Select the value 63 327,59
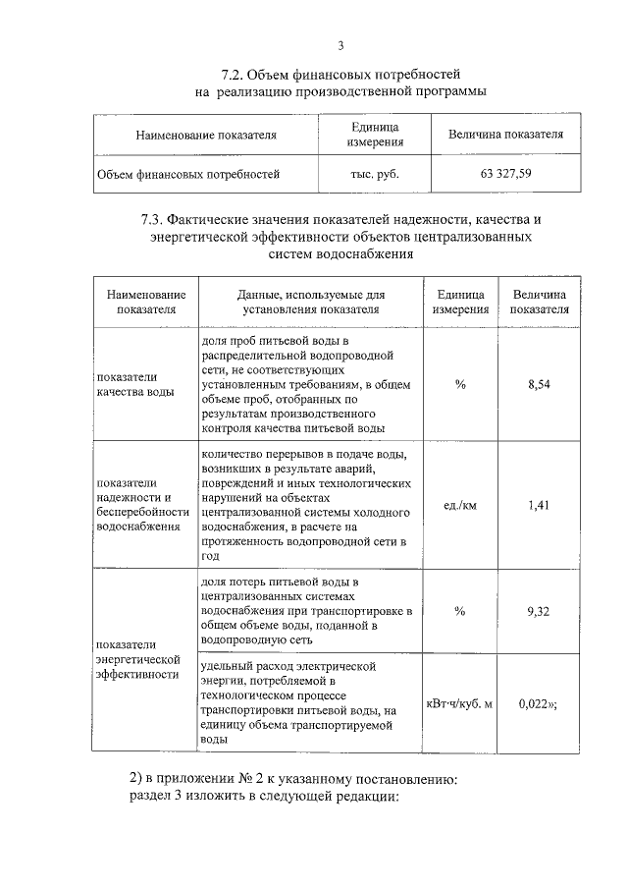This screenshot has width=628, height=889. pyautogui.click(x=505, y=175)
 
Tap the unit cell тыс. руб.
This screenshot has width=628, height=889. pyautogui.click(x=375, y=175)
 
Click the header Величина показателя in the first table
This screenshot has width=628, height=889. pyautogui.click(x=505, y=135)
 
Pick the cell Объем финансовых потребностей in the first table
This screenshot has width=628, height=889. pyautogui.click(x=187, y=175)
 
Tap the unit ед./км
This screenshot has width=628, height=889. pyautogui.click(x=460, y=505)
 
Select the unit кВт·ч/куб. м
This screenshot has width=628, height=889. pyautogui.click(x=459, y=702)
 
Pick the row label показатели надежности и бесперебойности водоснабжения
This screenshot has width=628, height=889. pyautogui.click(x=139, y=505)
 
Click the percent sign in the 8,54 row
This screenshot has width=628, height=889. pyautogui.click(x=460, y=384)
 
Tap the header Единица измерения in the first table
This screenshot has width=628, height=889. pyautogui.click(x=375, y=135)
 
